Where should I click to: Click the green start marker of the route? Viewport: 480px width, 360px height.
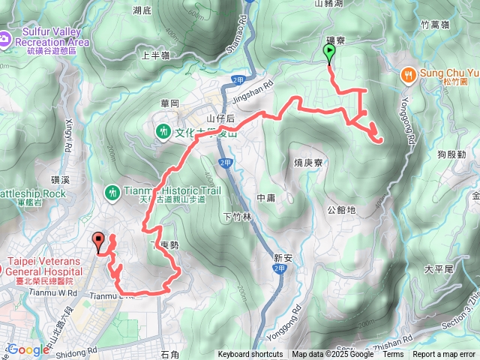[328, 52]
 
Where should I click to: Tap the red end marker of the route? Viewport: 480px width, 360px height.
[99, 241]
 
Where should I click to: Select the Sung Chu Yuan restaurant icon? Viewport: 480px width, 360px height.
[409, 73]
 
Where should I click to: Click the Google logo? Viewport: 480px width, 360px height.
[28, 349]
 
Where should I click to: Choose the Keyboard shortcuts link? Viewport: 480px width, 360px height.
[250, 355]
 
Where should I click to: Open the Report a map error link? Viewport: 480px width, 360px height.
[444, 355]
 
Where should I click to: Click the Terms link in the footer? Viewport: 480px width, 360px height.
[393, 355]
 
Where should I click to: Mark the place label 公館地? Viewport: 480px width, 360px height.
[341, 210]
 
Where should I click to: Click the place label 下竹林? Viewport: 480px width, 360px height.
[238, 217]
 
